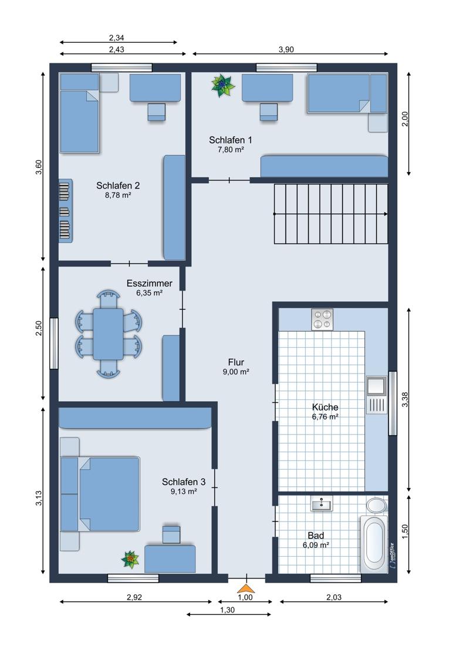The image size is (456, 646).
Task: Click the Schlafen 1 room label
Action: (x=230, y=140)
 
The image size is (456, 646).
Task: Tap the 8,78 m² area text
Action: (x=118, y=196)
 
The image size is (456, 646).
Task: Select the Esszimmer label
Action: (x=150, y=284)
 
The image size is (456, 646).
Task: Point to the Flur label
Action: (x=236, y=362)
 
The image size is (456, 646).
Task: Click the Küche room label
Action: (x=325, y=407)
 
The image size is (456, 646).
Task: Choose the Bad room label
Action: (x=316, y=536)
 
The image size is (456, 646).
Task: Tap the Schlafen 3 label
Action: (x=183, y=482)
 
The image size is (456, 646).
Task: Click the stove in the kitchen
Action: (x=322, y=319)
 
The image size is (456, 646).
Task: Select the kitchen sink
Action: (x=377, y=395)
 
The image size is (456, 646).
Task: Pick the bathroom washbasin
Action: (x=322, y=504)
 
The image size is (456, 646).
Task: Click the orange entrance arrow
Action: (x=246, y=588)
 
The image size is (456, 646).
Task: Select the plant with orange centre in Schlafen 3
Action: (x=130, y=560)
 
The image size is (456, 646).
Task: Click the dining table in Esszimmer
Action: (x=108, y=334)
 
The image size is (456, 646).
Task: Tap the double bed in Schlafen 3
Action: (x=100, y=494)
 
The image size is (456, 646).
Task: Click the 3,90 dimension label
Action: (x=286, y=49)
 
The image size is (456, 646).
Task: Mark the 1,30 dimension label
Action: (x=227, y=610)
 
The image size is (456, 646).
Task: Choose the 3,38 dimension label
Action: (x=405, y=399)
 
